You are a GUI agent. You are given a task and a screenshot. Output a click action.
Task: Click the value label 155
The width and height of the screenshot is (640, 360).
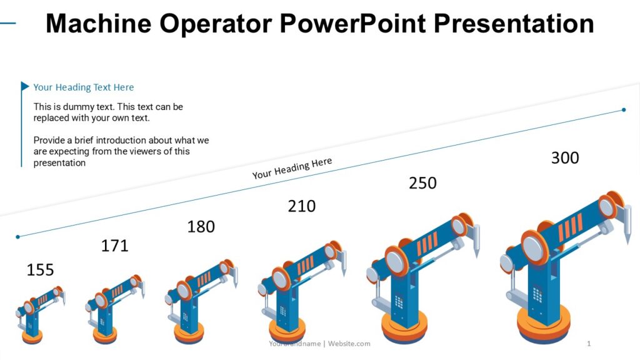tap(40, 270)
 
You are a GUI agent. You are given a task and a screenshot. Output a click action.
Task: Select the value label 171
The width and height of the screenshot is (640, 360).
tap(114, 246)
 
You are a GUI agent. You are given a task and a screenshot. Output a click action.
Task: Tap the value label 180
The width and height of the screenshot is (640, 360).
tap(201, 226)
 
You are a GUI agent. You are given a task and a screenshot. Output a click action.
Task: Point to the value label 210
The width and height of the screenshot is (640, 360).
tap(301, 206)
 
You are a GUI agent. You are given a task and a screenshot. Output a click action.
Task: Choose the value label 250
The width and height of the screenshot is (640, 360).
tap(422, 183)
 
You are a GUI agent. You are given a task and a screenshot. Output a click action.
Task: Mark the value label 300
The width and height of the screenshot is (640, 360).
tap(564, 158)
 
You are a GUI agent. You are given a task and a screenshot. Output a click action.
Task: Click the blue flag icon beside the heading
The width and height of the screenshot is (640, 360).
tap(25, 86)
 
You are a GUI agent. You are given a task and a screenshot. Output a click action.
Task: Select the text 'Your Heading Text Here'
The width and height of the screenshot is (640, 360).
tap(84, 87)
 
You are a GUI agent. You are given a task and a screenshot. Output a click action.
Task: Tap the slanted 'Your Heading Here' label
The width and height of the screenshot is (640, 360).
tap(292, 168)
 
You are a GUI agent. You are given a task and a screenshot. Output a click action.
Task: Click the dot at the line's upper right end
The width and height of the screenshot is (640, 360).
tap(624, 110)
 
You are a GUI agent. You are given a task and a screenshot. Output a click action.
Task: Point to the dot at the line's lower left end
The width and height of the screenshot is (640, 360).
tap(17, 237)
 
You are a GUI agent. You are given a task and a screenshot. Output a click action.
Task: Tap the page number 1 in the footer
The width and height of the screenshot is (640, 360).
tap(589, 344)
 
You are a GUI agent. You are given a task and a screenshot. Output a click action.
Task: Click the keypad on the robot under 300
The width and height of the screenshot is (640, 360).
tap(537, 294)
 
